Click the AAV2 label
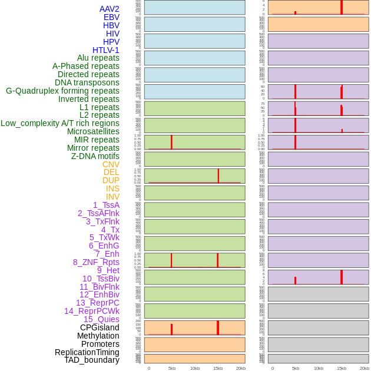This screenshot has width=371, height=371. click(110, 9)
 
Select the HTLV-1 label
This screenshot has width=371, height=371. click(106, 50)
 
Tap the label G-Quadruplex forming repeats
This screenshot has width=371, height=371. click(62, 91)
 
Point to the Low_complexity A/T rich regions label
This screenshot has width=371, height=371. click(60, 123)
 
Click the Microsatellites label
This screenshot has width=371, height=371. click(93, 131)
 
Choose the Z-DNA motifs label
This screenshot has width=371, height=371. click(95, 156)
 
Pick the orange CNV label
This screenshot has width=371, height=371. click(111, 164)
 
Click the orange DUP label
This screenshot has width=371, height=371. click(111, 180)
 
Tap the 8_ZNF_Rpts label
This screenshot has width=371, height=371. click(96, 262)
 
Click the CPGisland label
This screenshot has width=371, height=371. click(100, 327)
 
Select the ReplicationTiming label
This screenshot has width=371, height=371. click(87, 352)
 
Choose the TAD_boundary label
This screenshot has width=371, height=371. click(92, 360)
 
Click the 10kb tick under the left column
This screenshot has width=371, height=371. click(195, 368)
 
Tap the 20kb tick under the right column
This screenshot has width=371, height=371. click(365, 368)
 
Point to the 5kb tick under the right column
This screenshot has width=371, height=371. click(296, 368)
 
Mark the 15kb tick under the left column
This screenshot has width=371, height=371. click(218, 368)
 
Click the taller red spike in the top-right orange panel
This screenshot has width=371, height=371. click(342, 7)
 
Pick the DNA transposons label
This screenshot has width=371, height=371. click(87, 82)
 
